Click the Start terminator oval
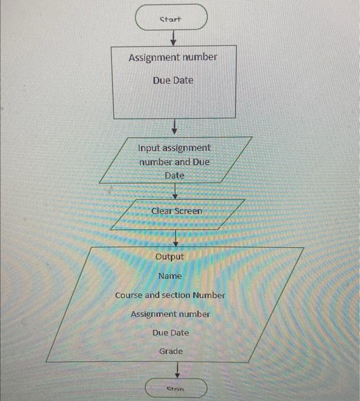[x=171, y=19]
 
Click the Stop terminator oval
[x=176, y=388]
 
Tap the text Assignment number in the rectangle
[x=173, y=58]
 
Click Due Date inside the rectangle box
[x=173, y=80]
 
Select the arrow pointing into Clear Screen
[x=175, y=192]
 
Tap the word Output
[x=170, y=257]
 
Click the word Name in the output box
[x=170, y=276]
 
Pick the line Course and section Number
[x=170, y=296]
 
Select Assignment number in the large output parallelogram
[x=170, y=314]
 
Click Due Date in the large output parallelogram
[x=171, y=333]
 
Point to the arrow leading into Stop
[x=177, y=369]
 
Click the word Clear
[x=161, y=211]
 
